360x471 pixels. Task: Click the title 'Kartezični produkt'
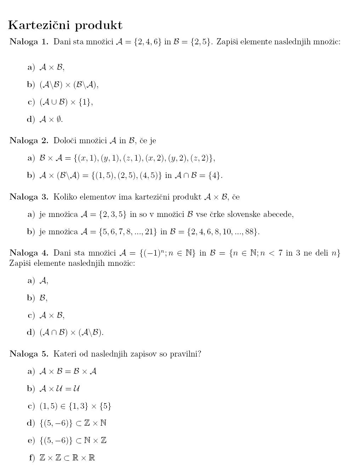(x=65, y=25)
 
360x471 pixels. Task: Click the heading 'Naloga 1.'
(x=29, y=42)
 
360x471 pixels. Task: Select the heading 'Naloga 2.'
(x=29, y=141)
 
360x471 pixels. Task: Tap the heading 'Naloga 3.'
(x=29, y=197)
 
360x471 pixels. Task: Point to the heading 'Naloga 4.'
(x=29, y=253)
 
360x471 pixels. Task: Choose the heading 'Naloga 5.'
(x=29, y=354)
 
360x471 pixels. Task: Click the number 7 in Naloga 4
(x=280, y=253)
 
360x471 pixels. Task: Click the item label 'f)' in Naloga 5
(x=32, y=458)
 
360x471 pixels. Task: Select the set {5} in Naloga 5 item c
(x=106, y=406)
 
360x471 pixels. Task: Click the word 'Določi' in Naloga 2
(x=65, y=141)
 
